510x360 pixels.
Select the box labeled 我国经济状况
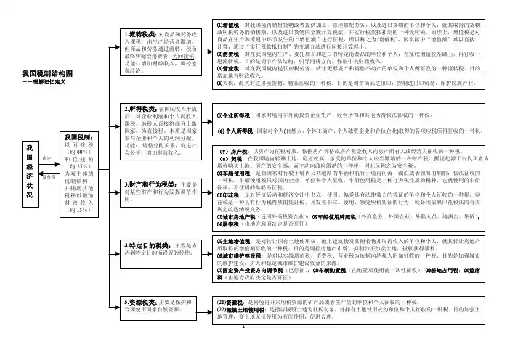(x=29, y=176)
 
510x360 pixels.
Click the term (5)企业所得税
(x=238, y=115)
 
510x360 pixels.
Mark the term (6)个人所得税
(x=238, y=131)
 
